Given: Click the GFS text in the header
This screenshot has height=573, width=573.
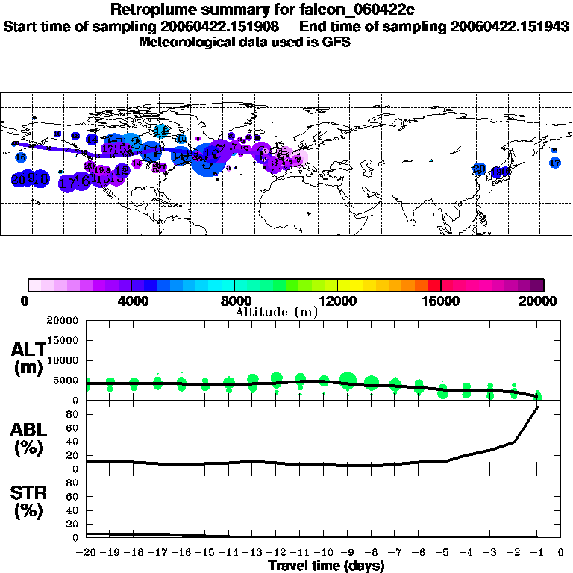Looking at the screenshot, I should (x=336, y=43).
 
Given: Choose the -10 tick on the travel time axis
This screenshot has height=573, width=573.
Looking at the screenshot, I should (x=323, y=553).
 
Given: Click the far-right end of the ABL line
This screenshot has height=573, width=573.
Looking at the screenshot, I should (x=538, y=407).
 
